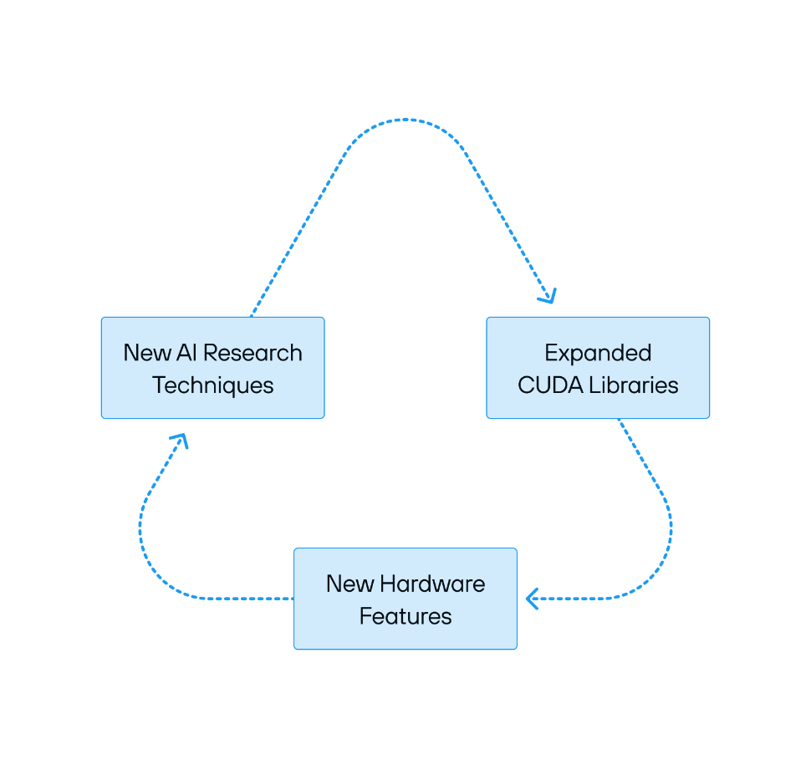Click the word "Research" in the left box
[x=252, y=353]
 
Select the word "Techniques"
[x=212, y=386]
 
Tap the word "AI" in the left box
[x=186, y=353]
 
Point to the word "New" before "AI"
[x=147, y=353]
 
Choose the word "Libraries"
[x=634, y=385]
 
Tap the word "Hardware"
[x=432, y=584]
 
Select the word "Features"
[x=405, y=616]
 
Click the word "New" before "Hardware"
[x=350, y=584]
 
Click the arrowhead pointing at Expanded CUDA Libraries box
[x=548, y=296]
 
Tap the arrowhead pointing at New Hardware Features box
[x=533, y=599]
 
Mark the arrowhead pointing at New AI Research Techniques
[x=180, y=441]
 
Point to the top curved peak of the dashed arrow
[x=405, y=120]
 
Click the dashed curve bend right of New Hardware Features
[x=655, y=569]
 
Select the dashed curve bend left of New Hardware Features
[x=156, y=569]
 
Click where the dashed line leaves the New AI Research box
[x=252, y=316]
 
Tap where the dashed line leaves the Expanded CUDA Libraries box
[x=619, y=420]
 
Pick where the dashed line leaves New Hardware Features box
[x=293, y=599]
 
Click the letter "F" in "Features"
[x=365, y=616]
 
